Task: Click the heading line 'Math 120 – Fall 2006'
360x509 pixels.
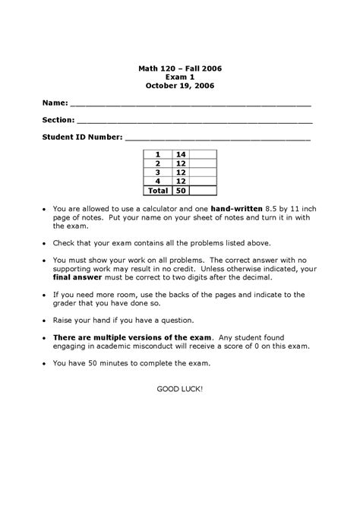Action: (180, 68)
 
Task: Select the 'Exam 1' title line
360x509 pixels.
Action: (180, 77)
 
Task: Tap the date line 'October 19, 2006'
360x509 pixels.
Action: (180, 86)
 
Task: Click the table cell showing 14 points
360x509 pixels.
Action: (181, 154)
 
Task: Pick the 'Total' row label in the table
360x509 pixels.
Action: (158, 191)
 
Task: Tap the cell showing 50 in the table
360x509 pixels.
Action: (181, 191)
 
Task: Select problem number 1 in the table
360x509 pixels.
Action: (158, 154)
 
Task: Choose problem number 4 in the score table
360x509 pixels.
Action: (158, 182)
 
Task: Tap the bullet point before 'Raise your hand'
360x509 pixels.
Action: (45, 320)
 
